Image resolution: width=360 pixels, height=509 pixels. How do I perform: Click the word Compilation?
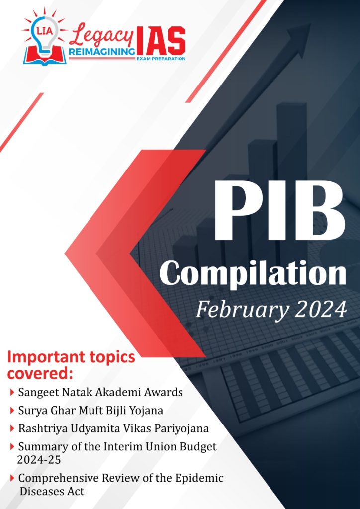coord(256,274)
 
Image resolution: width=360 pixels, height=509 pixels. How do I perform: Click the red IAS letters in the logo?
coord(161,41)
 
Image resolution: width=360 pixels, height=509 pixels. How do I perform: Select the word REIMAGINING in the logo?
coord(101,52)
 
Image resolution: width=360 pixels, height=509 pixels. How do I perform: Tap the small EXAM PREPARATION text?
coord(161,58)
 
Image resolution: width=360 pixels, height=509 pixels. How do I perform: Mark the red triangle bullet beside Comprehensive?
coord(12,478)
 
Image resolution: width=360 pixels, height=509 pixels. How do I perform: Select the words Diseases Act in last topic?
coord(52,491)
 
